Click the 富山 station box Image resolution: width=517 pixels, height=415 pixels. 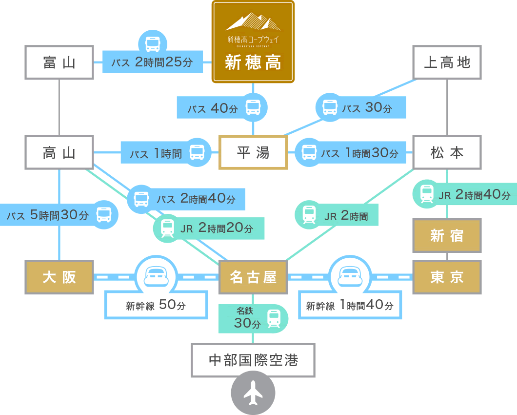59,62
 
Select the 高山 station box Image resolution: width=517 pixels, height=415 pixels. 59,153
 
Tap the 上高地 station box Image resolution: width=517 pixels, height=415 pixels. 447,62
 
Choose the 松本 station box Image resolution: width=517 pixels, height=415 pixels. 447,153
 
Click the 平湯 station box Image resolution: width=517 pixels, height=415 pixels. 253,153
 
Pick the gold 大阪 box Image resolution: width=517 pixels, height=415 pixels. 59,277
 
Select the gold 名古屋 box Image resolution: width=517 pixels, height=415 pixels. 253,277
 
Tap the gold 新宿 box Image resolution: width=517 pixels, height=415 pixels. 447,236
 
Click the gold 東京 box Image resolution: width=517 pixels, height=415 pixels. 447,277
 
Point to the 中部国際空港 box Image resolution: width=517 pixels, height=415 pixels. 253,360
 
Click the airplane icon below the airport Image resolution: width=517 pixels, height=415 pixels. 253,393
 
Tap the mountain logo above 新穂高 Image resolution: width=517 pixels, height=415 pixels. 253,22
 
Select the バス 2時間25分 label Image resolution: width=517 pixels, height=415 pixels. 152,62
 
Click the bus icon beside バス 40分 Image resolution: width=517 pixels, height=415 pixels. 253,107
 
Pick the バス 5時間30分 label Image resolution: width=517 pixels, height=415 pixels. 48,215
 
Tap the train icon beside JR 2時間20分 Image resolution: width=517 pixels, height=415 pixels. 167,228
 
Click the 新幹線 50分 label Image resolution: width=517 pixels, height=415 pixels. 156,306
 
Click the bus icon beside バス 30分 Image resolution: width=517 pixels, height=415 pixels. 330,107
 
